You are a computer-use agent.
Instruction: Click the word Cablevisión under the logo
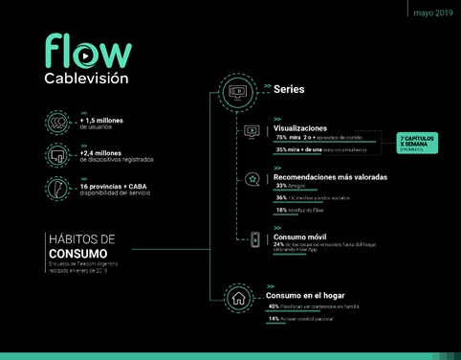pos(86,77)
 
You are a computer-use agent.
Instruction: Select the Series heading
pos(289,89)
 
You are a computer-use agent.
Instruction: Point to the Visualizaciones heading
pos(299,127)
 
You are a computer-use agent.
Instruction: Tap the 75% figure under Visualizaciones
pos(282,138)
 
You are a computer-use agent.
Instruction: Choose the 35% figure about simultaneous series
pos(282,149)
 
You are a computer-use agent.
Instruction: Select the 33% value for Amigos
pos(281,186)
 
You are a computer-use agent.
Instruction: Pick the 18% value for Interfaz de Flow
pos(281,209)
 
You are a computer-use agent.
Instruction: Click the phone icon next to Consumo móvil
pos(254,240)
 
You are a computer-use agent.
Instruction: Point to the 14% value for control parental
pos(274,318)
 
